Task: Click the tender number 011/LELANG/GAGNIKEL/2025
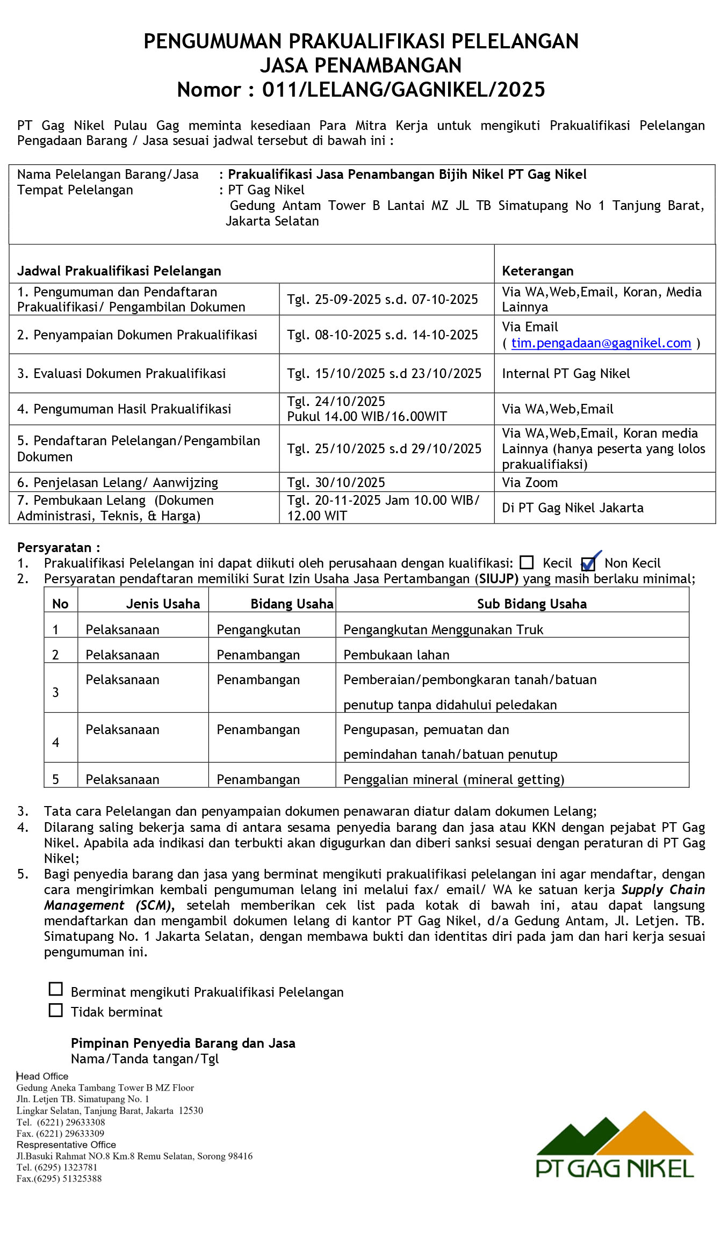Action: click(403, 90)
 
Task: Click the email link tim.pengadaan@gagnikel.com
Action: click(601, 343)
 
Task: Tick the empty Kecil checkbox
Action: click(527, 562)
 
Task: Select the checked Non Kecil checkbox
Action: click(588, 563)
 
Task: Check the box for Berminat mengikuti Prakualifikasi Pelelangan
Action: click(56, 989)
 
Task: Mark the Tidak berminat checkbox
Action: click(56, 1010)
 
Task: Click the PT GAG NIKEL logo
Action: click(615, 1145)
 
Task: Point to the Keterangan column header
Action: click(537, 271)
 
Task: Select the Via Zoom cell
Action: click(530, 482)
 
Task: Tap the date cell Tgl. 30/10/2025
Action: click(336, 482)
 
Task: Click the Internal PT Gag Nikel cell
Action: click(566, 374)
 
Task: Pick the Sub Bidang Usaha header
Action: click(531, 604)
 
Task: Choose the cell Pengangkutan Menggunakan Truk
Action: click(443, 629)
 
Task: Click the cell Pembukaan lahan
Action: click(397, 655)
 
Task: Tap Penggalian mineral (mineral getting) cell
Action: click(453, 779)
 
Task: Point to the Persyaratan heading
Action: click(58, 548)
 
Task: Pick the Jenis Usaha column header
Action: click(163, 604)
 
